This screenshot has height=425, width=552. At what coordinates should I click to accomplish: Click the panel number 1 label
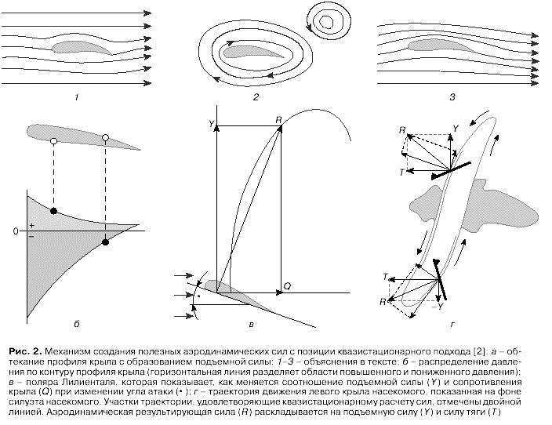pos(76,97)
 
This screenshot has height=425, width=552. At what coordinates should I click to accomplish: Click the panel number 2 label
pos(256,97)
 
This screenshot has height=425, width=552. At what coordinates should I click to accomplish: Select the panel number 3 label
pos(453,97)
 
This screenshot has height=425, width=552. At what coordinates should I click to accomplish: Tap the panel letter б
pos(76,323)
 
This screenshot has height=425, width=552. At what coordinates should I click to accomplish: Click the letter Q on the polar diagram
pos(287,287)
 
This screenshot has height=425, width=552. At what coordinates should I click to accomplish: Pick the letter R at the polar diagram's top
pos(279,119)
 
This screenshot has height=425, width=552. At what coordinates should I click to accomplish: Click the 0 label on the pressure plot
pos(16,231)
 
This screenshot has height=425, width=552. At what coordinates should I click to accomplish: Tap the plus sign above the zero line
pos(31,225)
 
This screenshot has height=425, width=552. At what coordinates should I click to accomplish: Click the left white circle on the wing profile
pos(53,141)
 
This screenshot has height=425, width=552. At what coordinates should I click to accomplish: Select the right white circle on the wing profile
pos(106,138)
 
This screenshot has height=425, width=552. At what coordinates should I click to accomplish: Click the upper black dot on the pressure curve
pos(53,212)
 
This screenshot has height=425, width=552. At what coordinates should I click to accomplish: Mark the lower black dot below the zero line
pos(106,242)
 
